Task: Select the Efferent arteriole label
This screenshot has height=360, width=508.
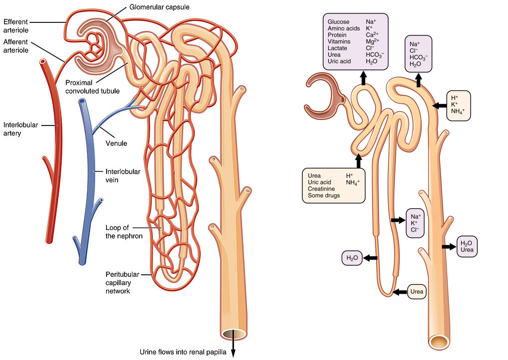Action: click(15, 25)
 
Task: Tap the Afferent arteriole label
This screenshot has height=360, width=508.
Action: click(15, 46)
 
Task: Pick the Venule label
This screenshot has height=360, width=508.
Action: click(117, 144)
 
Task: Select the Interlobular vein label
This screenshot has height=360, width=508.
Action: click(123, 175)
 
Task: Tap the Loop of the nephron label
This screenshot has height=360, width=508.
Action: click(124, 232)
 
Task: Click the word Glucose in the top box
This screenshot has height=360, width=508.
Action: click(339, 22)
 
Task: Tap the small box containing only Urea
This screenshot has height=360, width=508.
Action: click(417, 292)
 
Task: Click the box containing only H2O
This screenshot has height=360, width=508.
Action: click(352, 258)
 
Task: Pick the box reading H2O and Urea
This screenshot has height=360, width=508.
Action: click(467, 246)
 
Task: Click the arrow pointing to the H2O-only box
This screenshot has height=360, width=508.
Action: click(371, 258)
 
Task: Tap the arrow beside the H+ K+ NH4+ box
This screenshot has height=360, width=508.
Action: click(439, 106)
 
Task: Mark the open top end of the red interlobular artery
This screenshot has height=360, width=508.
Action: click(44, 63)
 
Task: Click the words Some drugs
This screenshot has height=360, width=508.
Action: click(324, 196)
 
